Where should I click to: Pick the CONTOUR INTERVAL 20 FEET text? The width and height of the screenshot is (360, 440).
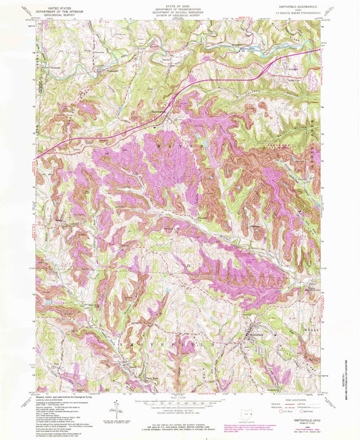[x=180, y=410]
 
